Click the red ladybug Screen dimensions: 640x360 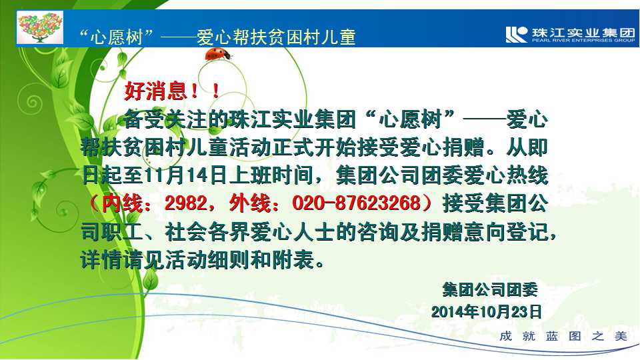click(x=217, y=54)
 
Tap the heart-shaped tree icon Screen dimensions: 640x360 click(x=40, y=27)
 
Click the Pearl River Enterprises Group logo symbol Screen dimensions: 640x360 click(x=516, y=34)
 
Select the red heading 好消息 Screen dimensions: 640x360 click(x=155, y=91)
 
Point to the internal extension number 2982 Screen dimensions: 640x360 click(x=186, y=203)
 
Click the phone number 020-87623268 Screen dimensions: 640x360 click(x=356, y=203)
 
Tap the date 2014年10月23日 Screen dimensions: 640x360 click(x=486, y=312)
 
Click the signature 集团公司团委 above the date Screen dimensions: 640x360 click(x=490, y=289)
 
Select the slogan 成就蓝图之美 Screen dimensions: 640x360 click(x=563, y=336)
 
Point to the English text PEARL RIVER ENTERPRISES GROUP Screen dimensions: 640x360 click(x=583, y=41)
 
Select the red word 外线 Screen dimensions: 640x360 click(x=250, y=203)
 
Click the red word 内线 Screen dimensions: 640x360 click(x=122, y=203)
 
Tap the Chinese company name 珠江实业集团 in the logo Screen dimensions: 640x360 click(x=583, y=32)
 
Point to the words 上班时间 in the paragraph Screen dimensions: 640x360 click(x=271, y=175)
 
